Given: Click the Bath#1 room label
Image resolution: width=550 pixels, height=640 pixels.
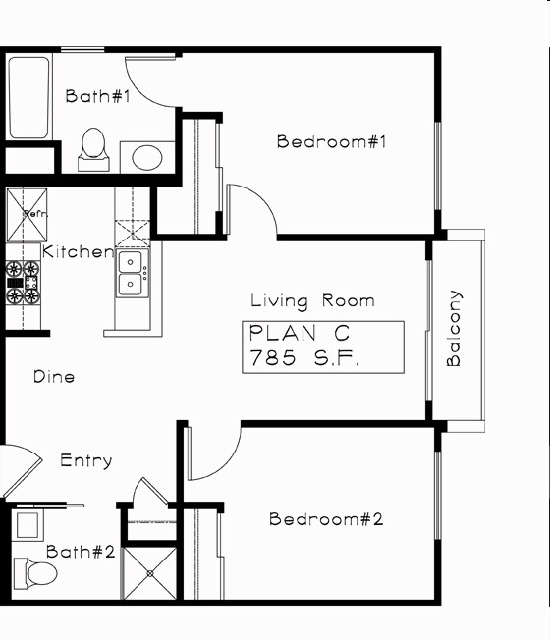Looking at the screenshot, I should point(98,96).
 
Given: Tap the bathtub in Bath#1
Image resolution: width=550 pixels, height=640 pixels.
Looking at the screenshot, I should point(28,97).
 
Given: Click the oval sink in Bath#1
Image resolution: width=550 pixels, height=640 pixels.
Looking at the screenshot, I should point(147,157).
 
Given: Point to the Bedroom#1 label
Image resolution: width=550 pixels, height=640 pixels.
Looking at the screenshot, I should point(333,141).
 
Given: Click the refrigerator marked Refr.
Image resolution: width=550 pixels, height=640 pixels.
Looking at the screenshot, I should point(27,214).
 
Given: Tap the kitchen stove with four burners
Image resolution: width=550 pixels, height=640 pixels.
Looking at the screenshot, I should point(23,282).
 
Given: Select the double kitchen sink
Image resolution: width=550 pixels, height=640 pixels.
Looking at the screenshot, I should point(132,273).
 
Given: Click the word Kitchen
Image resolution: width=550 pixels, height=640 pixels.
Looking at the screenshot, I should point(78,252).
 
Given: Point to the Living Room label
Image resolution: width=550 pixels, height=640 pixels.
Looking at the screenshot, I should point(312,301).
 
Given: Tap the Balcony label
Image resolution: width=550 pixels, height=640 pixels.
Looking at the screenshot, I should point(454,328).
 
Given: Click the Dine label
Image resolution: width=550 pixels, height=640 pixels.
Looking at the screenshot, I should point(54,377).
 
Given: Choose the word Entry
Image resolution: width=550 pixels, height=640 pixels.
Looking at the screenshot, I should point(85,460).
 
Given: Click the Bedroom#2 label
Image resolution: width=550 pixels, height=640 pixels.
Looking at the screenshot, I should point(326,519).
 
